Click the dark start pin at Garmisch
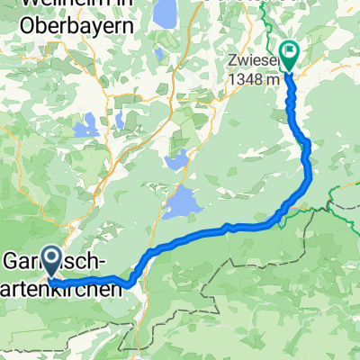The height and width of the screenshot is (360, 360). (x=50, y=262)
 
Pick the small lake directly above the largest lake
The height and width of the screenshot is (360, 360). (x=175, y=163)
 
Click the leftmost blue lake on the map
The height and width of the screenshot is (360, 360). (x=79, y=128)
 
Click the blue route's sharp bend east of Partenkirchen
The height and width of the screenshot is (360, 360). (x=131, y=285)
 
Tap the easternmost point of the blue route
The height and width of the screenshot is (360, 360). (x=310, y=175)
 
